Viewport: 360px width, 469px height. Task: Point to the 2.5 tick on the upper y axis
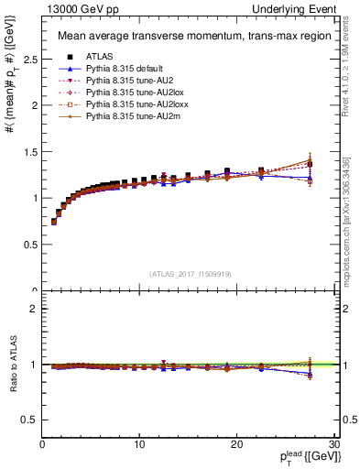pos(27,59)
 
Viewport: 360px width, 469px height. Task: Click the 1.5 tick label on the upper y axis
pos(27,151)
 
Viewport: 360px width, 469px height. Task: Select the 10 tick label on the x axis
pos(139,443)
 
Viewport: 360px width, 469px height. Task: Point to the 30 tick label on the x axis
pos(333,443)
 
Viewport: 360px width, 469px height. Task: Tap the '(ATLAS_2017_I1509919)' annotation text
pos(190,273)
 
